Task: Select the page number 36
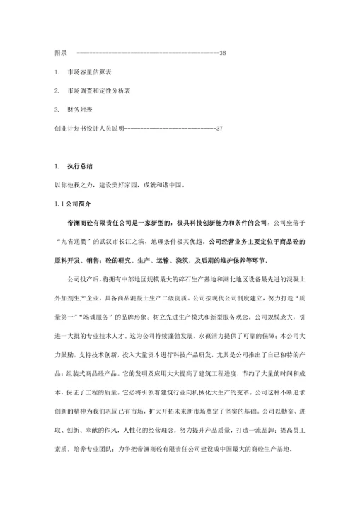click(222, 54)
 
